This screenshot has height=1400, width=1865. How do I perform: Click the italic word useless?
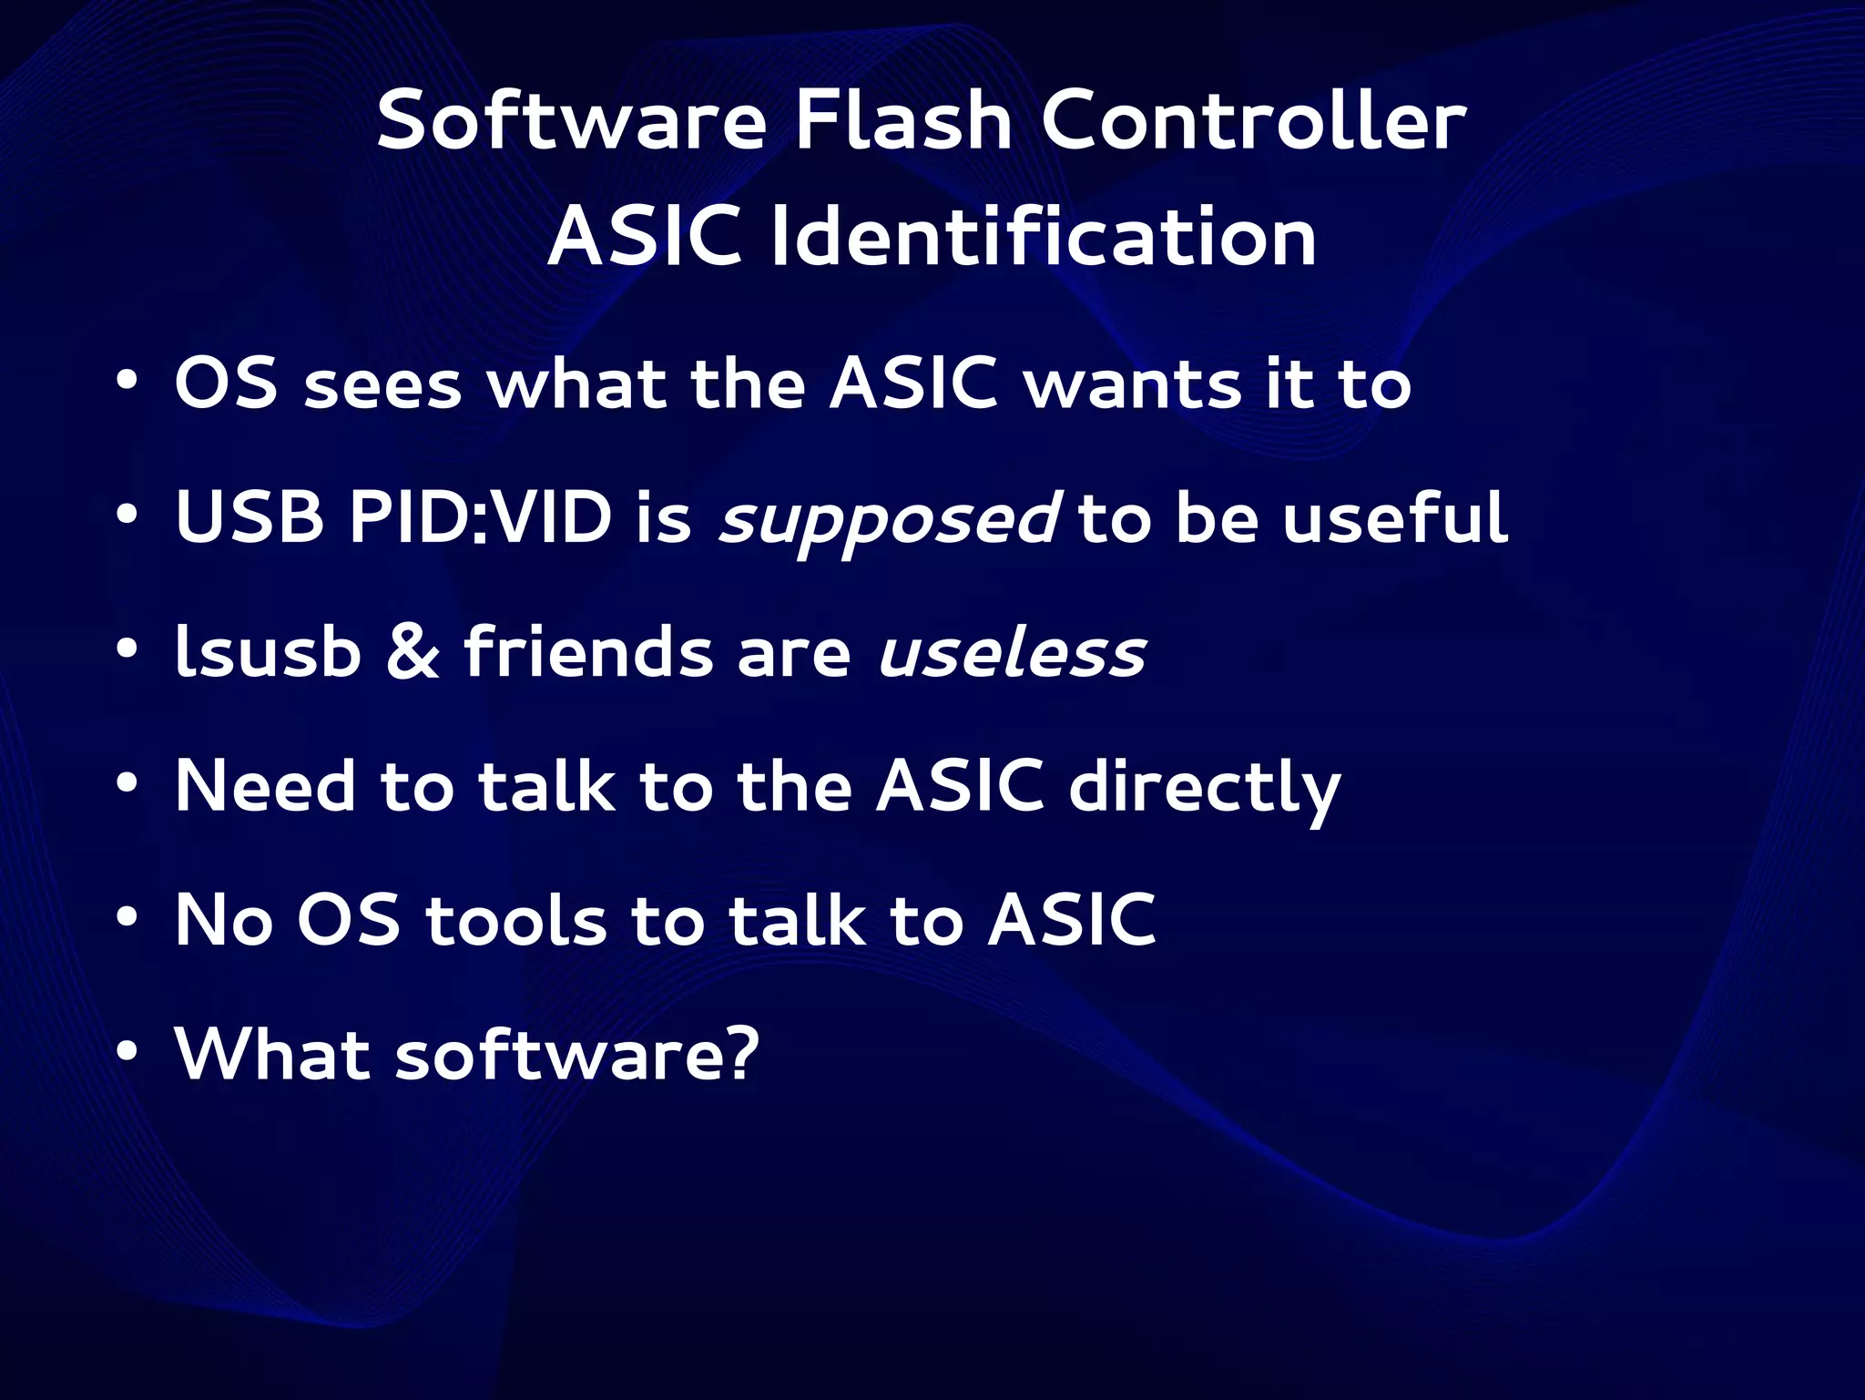(1012, 653)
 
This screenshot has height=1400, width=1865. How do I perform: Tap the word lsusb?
(268, 653)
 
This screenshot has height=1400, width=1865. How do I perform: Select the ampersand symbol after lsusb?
(413, 653)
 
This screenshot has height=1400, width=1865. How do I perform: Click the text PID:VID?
(480, 517)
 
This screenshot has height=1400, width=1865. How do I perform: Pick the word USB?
(250, 517)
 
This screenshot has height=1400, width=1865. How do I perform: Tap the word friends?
(588, 653)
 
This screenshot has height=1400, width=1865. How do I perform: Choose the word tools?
(515, 920)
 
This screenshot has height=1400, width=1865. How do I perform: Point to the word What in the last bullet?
(271, 1054)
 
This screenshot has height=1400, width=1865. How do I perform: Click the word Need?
(265, 786)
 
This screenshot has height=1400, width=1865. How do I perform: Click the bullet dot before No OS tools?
(127, 918)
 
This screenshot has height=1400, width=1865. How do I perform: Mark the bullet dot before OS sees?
(127, 380)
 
